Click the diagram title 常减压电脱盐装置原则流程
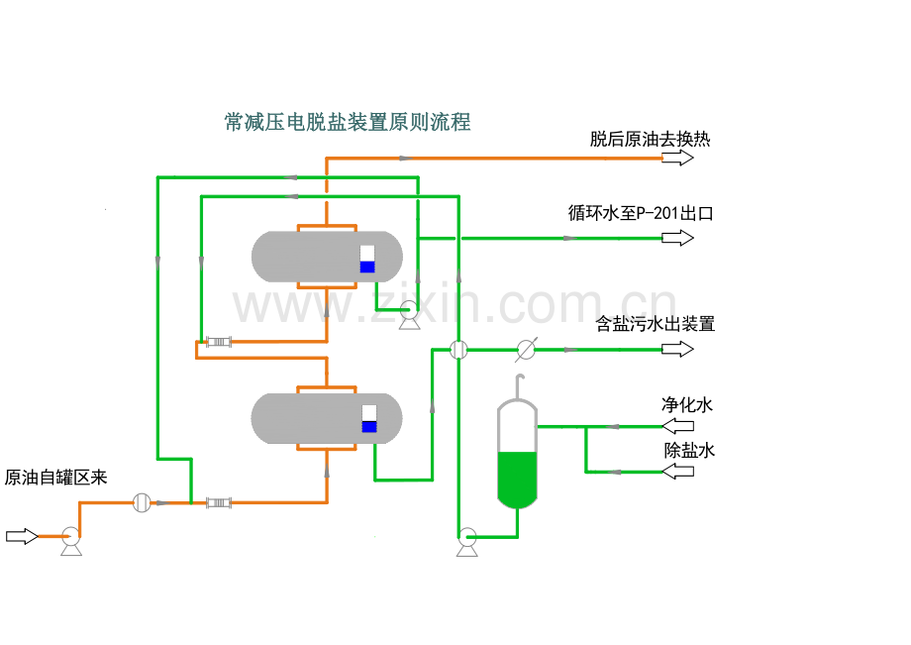pyautogui.click(x=348, y=123)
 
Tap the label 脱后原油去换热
pyautogui.click(x=650, y=139)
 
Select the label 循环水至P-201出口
pyautogui.click(x=641, y=213)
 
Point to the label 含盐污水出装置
pyautogui.click(x=655, y=324)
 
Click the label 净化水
pyautogui.click(x=687, y=404)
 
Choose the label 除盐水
pyautogui.click(x=688, y=451)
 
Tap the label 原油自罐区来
pyautogui.click(x=55, y=478)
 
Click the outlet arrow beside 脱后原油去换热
pyautogui.click(x=678, y=159)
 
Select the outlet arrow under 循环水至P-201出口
pyautogui.click(x=678, y=238)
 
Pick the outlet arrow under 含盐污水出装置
pyautogui.click(x=678, y=349)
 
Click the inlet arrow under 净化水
pyautogui.click(x=678, y=426)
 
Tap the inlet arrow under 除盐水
pyautogui.click(x=678, y=472)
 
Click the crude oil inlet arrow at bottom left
pyautogui.click(x=21, y=536)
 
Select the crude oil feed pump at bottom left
pyautogui.click(x=70, y=540)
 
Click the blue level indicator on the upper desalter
pyautogui.click(x=367, y=267)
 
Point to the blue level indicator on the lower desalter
pyautogui.click(x=369, y=427)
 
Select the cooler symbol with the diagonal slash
pyautogui.click(x=527, y=349)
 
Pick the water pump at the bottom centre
pyautogui.click(x=467, y=541)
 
